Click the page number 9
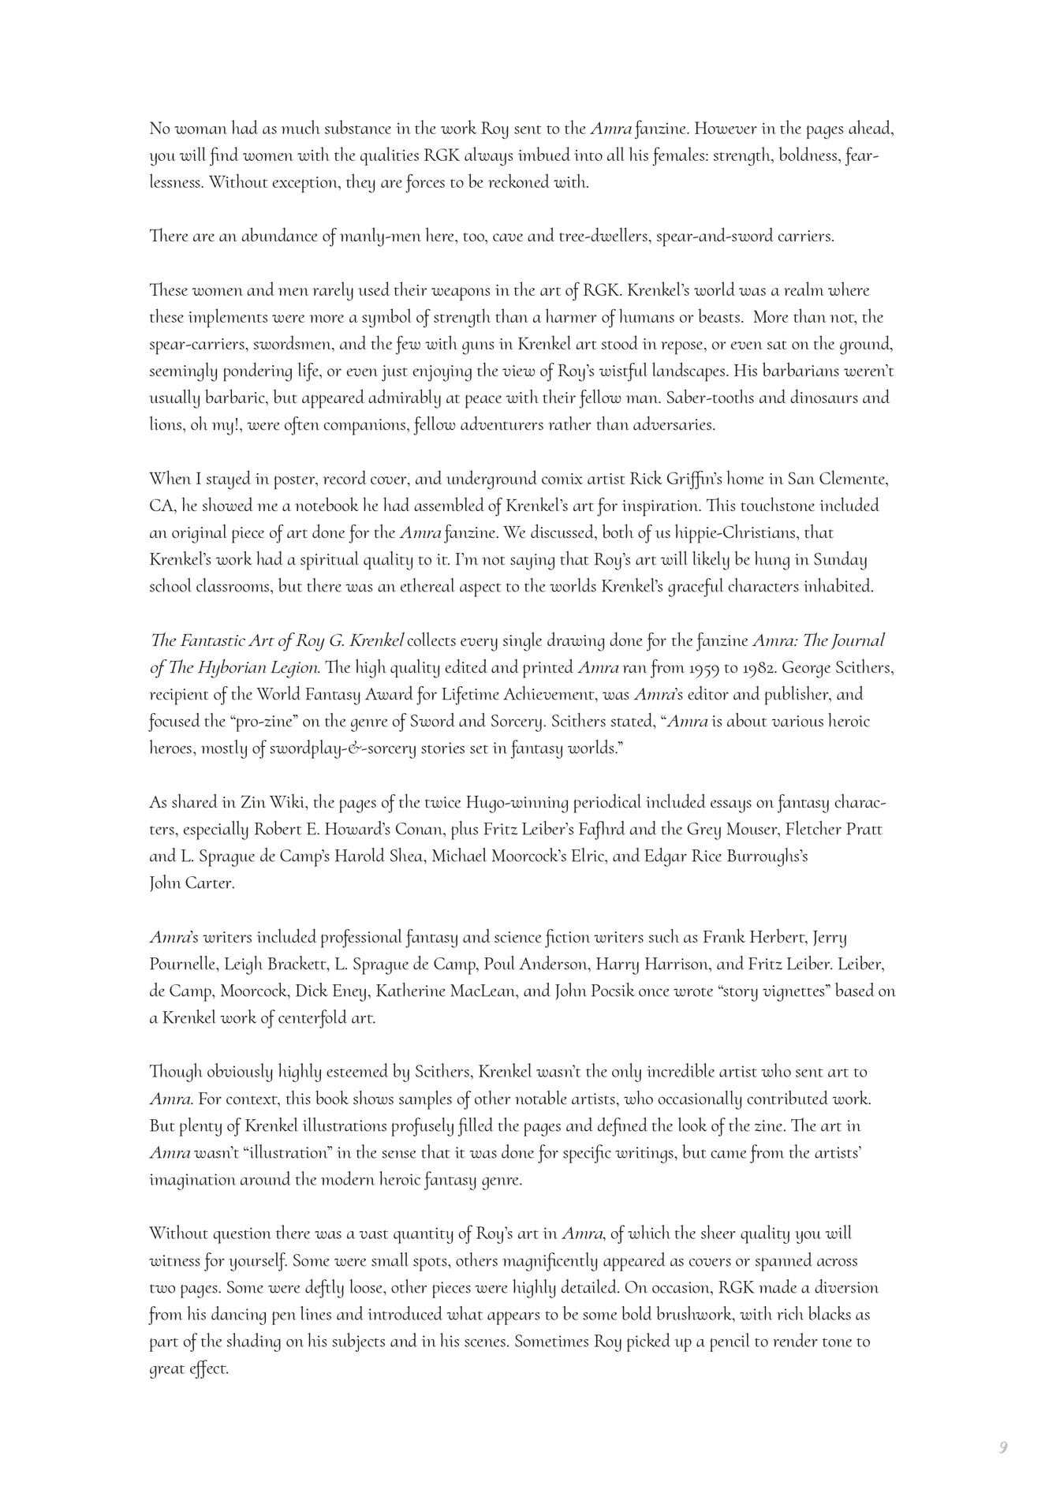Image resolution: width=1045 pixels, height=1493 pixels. pos(1003,1447)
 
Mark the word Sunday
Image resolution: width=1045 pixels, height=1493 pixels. pos(840,560)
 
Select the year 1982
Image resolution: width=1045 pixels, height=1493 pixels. pos(801,668)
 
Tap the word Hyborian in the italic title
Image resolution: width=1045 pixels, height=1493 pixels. pos(228,668)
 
